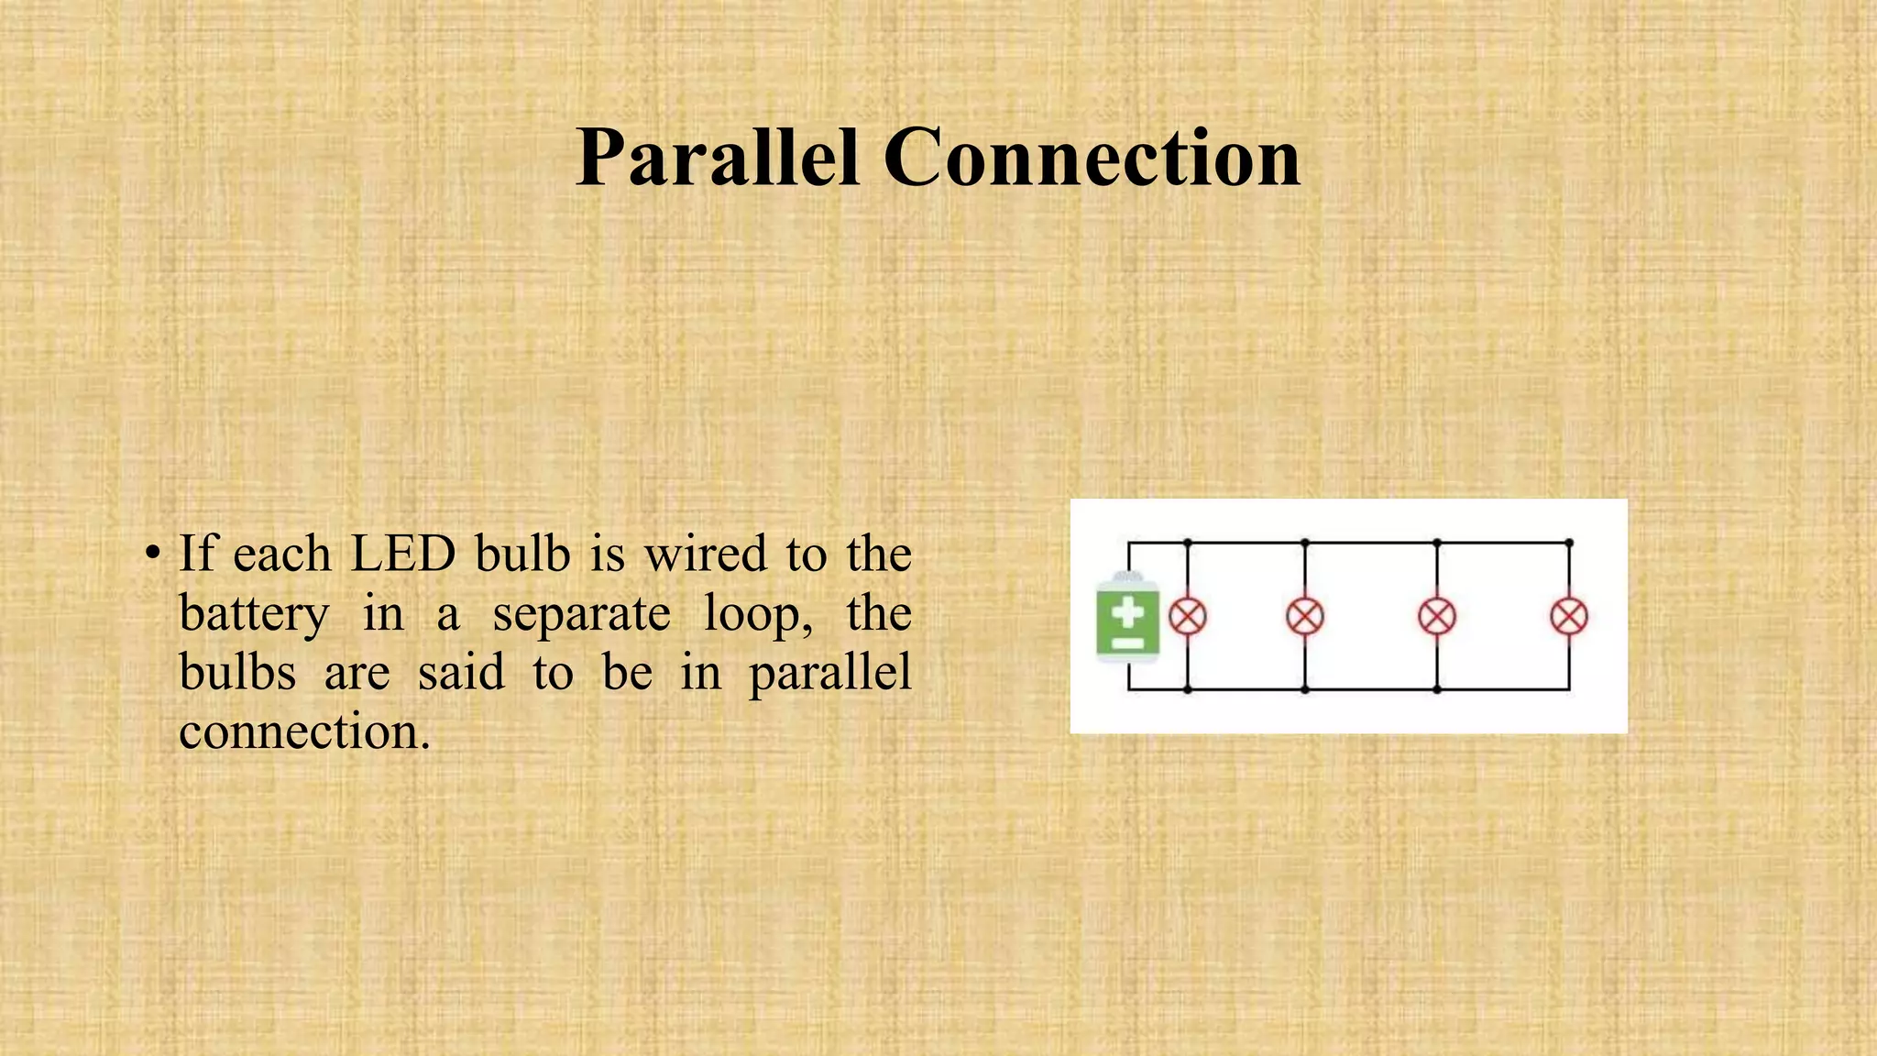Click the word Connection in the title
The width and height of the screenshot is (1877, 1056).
click(1092, 158)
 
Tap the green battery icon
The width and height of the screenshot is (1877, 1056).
click(1128, 616)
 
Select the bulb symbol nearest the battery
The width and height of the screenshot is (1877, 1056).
click(1188, 616)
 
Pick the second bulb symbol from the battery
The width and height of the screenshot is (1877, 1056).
click(1305, 616)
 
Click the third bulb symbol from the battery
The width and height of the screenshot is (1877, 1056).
click(1437, 616)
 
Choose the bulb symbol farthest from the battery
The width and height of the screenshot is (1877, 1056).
click(1569, 616)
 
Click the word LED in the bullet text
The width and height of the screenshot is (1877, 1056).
click(403, 554)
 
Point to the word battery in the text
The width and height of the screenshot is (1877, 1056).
click(253, 614)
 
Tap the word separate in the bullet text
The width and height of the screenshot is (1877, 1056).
click(582, 614)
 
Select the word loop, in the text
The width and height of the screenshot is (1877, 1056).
click(758, 614)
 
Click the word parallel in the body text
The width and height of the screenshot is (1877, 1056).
click(830, 674)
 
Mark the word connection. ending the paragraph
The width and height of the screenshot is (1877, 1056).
click(304, 732)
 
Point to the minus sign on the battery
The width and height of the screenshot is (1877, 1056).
click(1128, 643)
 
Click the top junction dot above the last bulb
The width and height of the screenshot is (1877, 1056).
click(1569, 544)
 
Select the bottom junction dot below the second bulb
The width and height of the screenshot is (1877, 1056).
click(1305, 689)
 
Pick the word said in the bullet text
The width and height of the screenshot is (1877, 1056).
click(461, 673)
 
